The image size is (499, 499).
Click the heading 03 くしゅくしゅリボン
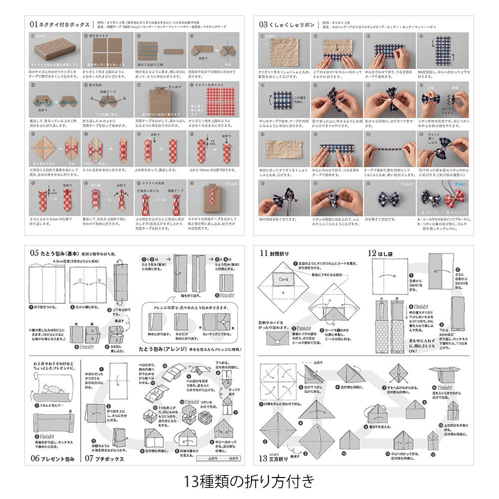pyautogui.click(x=287, y=24)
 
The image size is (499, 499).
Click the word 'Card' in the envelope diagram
pyautogui.click(x=283, y=279)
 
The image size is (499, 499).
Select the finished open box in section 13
pyautogui.click(x=444, y=374)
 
